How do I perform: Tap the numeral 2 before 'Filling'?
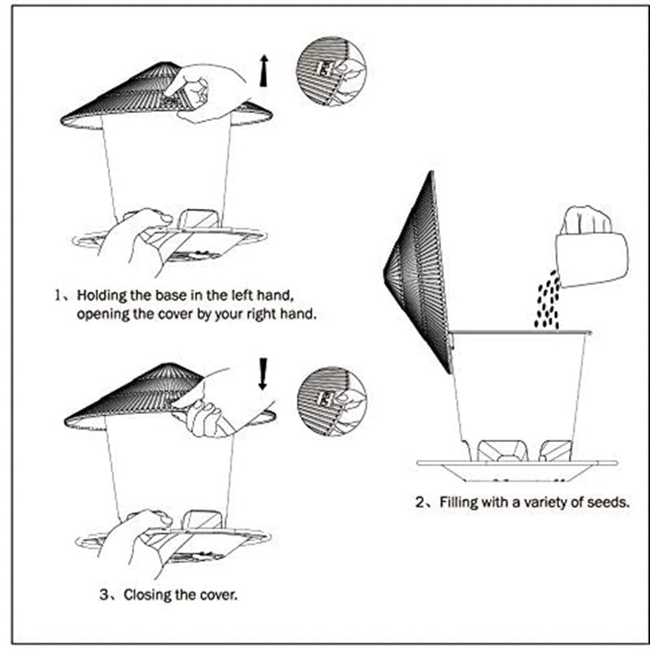[x=420, y=502]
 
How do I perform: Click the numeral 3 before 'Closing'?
[x=105, y=595]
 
